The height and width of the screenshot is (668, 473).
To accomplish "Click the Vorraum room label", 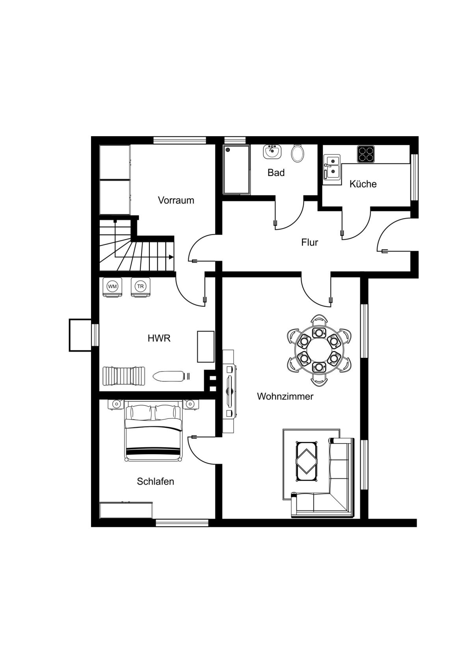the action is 176,200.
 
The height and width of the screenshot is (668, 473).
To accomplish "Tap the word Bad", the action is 276,172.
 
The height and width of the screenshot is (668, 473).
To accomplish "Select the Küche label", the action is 363,184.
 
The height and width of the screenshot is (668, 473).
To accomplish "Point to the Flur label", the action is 310,242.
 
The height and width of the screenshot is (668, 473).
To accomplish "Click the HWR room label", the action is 159,338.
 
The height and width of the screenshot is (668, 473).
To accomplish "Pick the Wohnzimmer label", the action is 285,396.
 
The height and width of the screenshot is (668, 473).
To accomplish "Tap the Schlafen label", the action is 155,481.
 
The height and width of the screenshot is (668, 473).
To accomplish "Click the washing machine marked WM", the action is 113,287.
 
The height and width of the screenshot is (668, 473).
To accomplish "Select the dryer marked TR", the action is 140,287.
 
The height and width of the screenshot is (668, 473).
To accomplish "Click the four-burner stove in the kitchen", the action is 366,154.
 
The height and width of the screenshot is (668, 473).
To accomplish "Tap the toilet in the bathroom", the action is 298,153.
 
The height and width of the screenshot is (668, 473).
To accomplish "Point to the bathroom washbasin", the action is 272,151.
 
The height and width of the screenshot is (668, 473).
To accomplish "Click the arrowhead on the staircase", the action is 171,257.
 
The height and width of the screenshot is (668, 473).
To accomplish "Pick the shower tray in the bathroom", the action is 236,170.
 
